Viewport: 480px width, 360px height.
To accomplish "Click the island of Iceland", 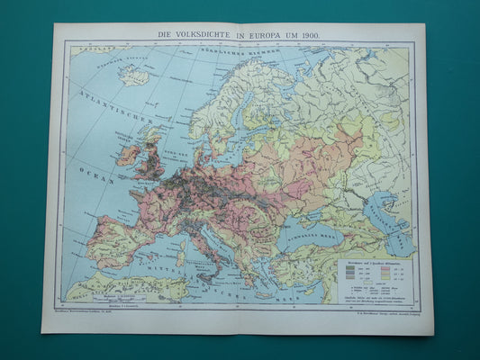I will (136, 76).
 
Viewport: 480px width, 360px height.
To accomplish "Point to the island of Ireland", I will (126, 155).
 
